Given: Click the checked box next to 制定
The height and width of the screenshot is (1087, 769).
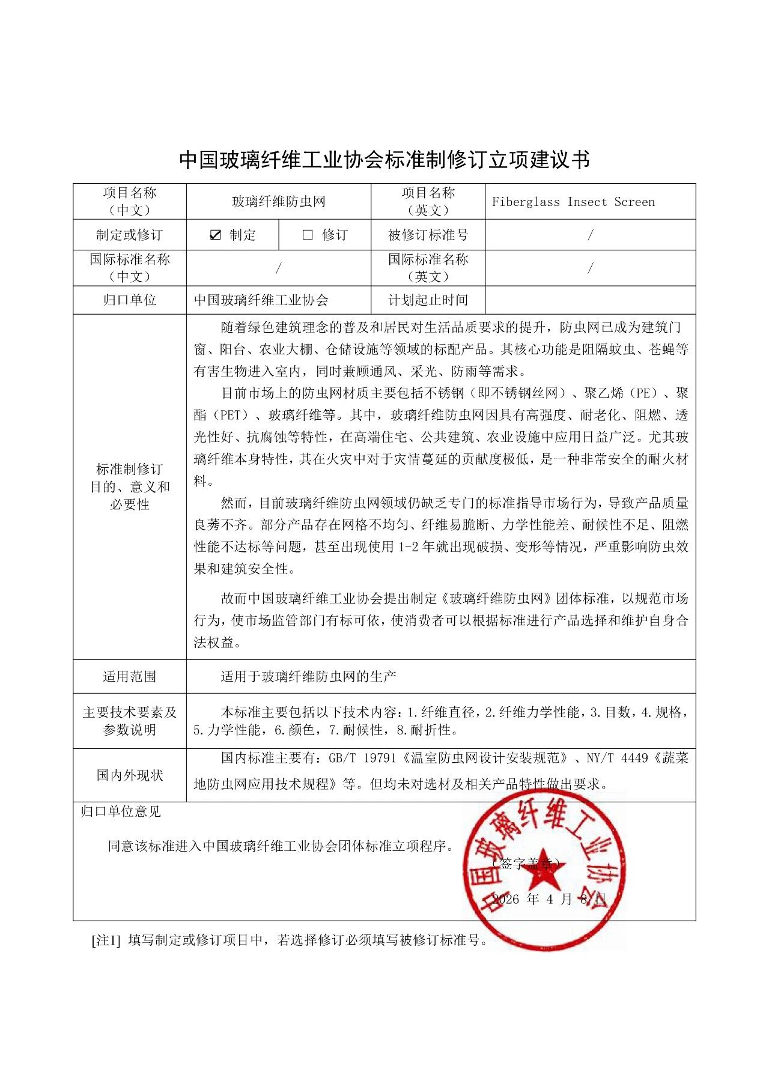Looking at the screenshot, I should (216, 235).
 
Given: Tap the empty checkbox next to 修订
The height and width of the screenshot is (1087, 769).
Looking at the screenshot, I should (308, 235).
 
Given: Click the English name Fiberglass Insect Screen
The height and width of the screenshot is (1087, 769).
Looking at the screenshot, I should (573, 202).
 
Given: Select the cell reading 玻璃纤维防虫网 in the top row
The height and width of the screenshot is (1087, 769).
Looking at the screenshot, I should (279, 202).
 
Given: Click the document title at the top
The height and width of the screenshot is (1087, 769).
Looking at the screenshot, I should (384, 160).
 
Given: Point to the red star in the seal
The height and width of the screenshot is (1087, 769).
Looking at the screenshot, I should (544, 869).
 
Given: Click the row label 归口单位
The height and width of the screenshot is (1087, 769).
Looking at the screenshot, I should (130, 300).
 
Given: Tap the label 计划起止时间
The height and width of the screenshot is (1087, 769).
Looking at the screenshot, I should (428, 300).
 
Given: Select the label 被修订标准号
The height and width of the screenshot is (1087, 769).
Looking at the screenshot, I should (428, 235).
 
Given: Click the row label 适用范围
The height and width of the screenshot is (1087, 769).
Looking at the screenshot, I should (130, 677).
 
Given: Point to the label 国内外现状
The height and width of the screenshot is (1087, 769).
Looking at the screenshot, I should (130, 776).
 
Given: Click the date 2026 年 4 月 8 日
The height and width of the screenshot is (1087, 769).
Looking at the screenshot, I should (549, 899).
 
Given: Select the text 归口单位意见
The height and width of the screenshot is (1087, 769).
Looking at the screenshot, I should (121, 812).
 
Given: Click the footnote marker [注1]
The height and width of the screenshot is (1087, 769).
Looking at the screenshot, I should (106, 940).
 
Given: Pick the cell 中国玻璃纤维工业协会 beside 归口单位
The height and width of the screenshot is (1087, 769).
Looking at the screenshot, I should (261, 300).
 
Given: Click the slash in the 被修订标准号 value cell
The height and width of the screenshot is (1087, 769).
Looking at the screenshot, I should (590, 235).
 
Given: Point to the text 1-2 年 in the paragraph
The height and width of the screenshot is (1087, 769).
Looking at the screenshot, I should (418, 547).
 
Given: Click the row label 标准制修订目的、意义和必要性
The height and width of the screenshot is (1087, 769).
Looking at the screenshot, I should (130, 487).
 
